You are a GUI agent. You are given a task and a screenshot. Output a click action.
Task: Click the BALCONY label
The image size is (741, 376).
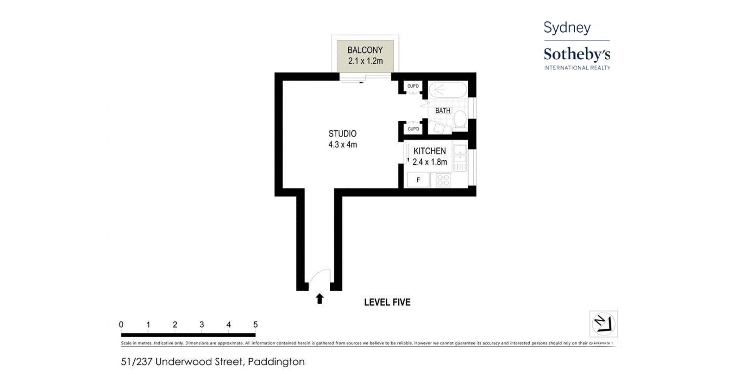(x=365, y=50)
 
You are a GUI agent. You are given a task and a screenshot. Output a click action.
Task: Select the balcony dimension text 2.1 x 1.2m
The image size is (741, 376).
(x=365, y=61)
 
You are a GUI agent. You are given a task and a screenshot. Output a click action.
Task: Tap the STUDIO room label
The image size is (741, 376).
(x=342, y=134)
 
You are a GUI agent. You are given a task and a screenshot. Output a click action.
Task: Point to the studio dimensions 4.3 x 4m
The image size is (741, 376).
(x=342, y=145)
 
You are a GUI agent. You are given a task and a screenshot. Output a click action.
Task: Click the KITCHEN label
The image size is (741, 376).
(x=429, y=151)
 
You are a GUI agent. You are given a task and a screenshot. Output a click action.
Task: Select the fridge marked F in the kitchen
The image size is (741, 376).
(x=418, y=180)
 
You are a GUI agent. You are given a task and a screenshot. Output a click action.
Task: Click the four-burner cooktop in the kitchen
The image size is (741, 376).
(x=443, y=180)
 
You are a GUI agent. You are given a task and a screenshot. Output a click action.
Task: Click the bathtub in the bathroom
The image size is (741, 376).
(x=447, y=89)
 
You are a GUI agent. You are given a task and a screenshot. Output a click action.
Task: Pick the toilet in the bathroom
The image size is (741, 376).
(x=459, y=119)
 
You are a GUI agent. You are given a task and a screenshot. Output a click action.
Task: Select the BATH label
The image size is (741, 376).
(x=442, y=111)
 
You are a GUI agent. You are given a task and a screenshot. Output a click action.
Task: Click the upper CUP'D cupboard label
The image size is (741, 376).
(x=413, y=86)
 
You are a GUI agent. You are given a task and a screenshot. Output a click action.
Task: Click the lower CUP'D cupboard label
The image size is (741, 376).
(x=413, y=129)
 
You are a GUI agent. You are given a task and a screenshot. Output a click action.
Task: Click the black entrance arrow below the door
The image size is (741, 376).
(x=319, y=299)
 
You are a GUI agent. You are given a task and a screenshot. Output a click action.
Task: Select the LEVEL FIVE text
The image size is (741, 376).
(x=387, y=302)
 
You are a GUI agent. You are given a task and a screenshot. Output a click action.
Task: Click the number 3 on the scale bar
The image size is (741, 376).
(x=201, y=325)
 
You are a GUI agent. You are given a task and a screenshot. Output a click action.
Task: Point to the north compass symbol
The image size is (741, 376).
(x=603, y=323)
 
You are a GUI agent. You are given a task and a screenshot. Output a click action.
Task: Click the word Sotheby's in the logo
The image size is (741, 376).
(x=577, y=55)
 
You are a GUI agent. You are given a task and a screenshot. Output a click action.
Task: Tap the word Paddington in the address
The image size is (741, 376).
(x=276, y=362)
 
